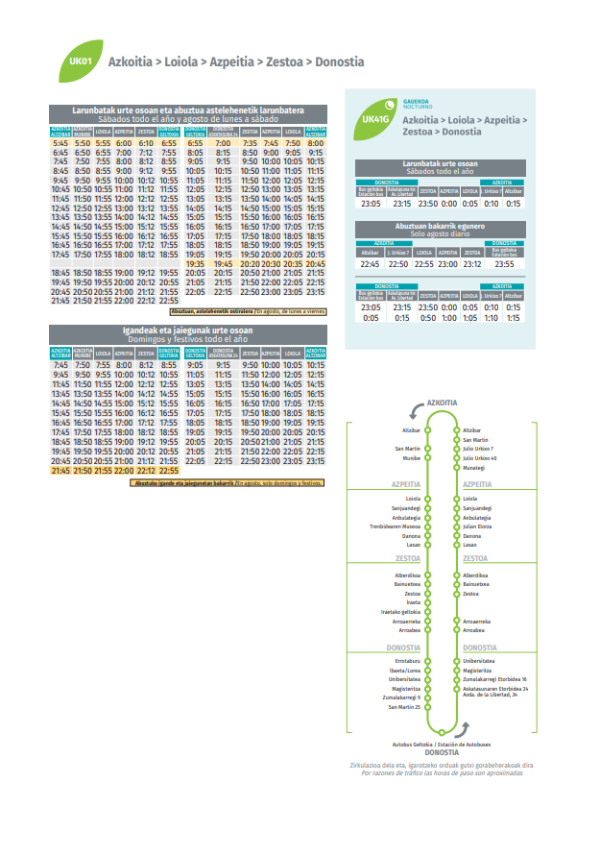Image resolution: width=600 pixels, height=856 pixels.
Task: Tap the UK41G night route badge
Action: coord(375,117)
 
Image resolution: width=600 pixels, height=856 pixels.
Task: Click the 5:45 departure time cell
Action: coord(60,143)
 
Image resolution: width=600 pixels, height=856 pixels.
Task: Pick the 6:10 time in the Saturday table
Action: coord(146,143)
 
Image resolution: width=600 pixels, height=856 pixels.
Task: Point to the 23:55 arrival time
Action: coord(504,263)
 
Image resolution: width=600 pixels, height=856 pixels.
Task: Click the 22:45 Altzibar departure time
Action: coord(370,263)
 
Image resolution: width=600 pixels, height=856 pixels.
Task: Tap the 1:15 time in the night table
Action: coord(514,317)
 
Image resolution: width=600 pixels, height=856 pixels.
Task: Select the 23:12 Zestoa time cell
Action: coord(471,263)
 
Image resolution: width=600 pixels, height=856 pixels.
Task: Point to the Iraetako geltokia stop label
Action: coord(400,612)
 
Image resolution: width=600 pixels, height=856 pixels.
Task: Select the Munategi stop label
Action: coord(473,467)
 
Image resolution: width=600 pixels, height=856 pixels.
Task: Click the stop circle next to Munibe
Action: coord(428,458)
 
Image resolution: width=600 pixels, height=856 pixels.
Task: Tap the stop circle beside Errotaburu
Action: coord(428,661)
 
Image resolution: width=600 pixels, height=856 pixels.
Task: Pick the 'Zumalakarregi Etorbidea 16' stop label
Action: coord(494,679)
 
